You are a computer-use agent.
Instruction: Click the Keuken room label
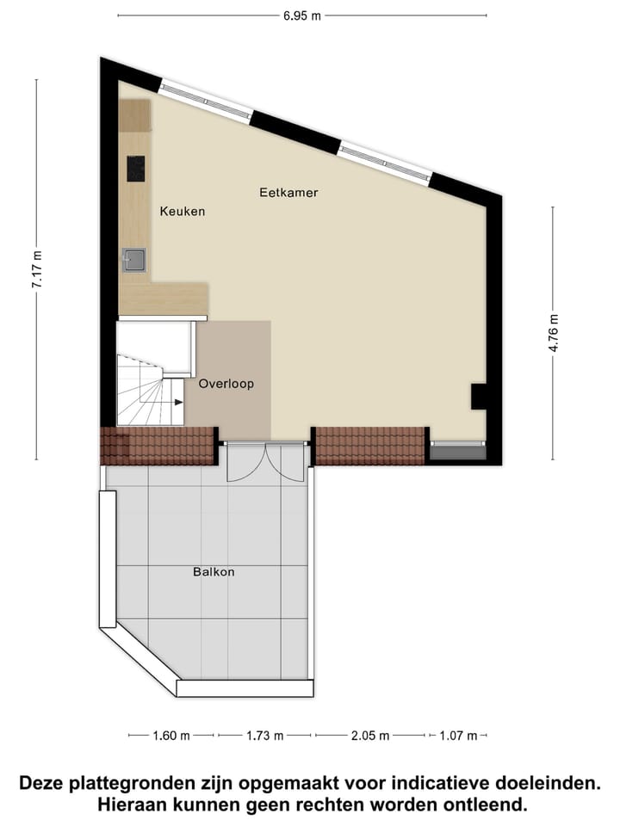point(183,211)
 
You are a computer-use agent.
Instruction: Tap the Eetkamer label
point(288,193)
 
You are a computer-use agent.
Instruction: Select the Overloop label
point(226,385)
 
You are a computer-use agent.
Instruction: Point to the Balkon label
point(214,571)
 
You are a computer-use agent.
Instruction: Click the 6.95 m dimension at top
point(302,15)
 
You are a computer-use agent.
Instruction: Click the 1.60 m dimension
point(171,736)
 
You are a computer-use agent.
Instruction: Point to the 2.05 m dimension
point(370,736)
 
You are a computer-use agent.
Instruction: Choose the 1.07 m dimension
point(456,736)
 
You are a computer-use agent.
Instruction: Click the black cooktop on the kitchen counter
point(137,169)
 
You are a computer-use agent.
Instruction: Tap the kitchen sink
point(134,259)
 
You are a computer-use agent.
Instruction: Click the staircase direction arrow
point(177,401)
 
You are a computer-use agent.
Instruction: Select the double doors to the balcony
point(265,463)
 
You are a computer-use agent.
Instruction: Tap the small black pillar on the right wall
point(478,397)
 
